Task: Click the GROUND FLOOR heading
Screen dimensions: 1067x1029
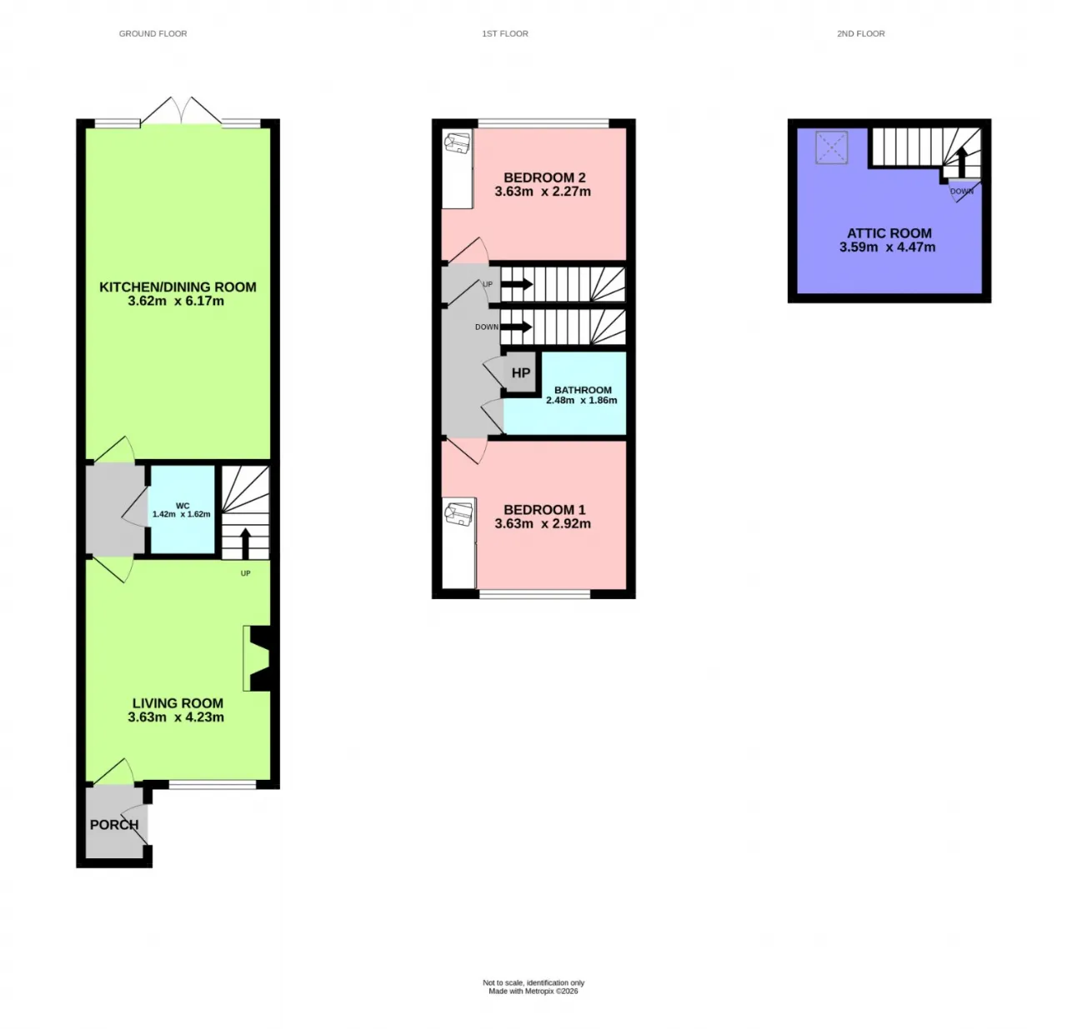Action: click(153, 34)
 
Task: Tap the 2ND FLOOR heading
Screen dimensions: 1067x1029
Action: click(860, 34)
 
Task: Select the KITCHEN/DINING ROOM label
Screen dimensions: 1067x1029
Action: click(178, 287)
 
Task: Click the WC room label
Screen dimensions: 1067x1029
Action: click(182, 505)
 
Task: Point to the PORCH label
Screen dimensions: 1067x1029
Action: click(114, 825)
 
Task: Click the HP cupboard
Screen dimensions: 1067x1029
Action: click(520, 372)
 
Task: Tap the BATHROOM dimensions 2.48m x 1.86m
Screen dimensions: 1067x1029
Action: click(581, 401)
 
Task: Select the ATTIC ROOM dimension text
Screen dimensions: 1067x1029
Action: click(887, 247)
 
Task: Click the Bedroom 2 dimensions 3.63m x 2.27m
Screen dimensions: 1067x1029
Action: click(543, 192)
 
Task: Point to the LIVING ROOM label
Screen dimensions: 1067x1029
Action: click(178, 703)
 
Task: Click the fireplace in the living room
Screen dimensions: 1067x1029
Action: click(260, 658)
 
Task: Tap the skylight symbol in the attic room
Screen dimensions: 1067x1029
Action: click(832, 147)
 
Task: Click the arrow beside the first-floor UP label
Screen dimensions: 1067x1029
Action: click(517, 284)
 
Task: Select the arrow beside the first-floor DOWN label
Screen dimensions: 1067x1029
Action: click(517, 327)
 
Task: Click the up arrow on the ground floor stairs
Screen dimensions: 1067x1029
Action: click(246, 543)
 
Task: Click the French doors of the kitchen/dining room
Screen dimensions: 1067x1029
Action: click(181, 111)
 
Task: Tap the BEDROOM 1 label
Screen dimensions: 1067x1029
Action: click(544, 510)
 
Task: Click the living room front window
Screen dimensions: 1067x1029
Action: click(213, 785)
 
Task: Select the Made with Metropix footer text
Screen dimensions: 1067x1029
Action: click(533, 992)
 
